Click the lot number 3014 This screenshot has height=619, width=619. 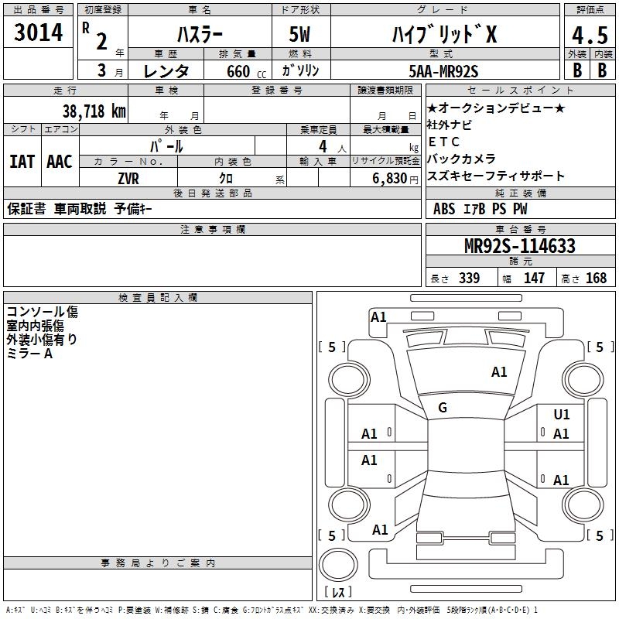[38, 32]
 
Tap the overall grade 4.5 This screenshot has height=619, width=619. [590, 35]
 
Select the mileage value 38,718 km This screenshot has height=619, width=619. [94, 111]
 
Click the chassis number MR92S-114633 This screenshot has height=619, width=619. [520, 245]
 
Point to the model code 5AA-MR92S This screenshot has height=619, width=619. [443, 71]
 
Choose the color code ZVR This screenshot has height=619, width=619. [128, 179]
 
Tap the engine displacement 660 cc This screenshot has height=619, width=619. [246, 71]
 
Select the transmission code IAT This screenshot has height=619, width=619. [22, 162]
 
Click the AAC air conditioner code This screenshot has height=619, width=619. [60, 162]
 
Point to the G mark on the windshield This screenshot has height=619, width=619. [443, 407]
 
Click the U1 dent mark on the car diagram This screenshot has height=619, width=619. [562, 414]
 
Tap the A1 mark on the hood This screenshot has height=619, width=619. [499, 372]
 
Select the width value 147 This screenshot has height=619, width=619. [534, 278]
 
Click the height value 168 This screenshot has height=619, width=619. [596, 278]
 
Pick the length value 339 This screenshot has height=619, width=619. [470, 278]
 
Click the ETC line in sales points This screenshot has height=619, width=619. [443, 142]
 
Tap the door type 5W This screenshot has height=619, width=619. [299, 34]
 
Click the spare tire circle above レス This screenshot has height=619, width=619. [338, 565]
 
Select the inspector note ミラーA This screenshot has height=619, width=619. [29, 354]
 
